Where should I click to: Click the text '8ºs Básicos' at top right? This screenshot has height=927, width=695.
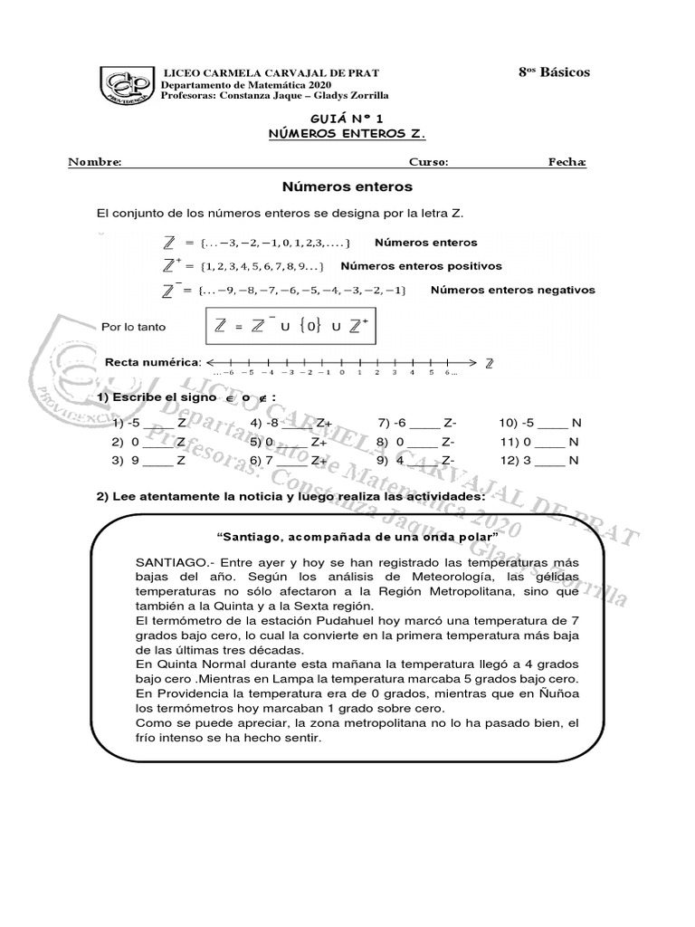[553, 72]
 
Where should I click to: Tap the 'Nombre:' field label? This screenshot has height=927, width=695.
[95, 162]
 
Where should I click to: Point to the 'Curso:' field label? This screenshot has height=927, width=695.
[428, 162]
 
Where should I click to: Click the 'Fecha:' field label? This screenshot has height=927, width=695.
[567, 162]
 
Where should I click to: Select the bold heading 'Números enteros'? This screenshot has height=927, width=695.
[347, 187]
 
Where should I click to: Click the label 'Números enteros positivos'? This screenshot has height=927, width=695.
[421, 266]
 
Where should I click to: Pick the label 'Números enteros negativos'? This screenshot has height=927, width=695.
[512, 291]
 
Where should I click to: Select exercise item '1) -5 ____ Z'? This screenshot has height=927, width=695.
[149, 423]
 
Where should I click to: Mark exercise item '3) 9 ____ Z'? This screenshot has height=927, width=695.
[149, 460]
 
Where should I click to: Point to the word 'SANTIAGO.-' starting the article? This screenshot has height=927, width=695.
[167, 563]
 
